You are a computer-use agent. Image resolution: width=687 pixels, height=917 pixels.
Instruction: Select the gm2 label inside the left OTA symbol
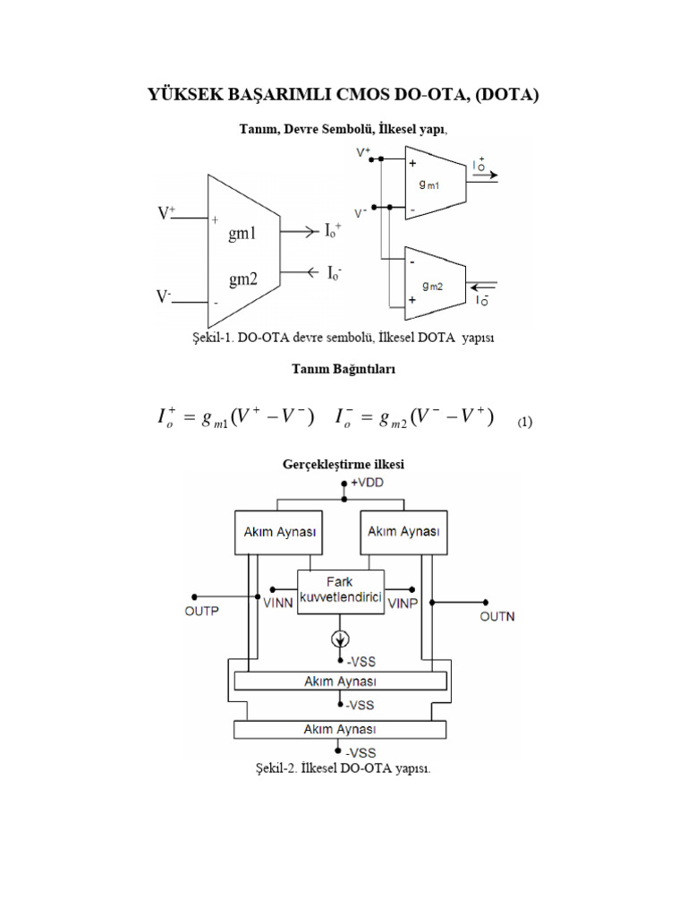pos(242,279)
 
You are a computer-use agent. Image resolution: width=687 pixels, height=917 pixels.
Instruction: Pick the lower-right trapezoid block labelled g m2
pos(433,281)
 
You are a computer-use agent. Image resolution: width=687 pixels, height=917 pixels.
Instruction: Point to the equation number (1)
pos(525,422)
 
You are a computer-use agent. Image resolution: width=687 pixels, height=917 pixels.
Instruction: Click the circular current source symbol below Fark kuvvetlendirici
pos(342,638)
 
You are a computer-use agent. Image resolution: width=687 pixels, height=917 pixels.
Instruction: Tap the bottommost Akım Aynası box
pos(340,729)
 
